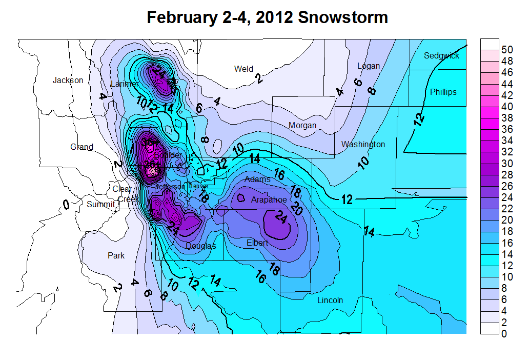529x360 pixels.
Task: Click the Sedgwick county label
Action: [x=441, y=55]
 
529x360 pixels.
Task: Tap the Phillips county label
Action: [x=443, y=92]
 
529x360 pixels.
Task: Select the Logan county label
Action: [x=369, y=66]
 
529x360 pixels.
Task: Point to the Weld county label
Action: [x=243, y=69]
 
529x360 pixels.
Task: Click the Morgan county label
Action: [x=302, y=125]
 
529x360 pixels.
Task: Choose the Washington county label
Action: [x=363, y=144]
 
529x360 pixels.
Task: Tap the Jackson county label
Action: [x=68, y=80]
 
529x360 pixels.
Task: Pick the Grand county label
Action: [x=82, y=147]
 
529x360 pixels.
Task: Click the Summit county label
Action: [x=100, y=204]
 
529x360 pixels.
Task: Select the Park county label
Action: [x=116, y=255]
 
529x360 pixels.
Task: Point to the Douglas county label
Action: [x=201, y=246]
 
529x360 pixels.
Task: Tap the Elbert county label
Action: [x=257, y=243]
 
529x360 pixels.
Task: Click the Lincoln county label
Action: [x=330, y=300]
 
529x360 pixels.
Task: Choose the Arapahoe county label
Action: [x=269, y=199]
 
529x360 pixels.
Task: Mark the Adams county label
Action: [x=257, y=179]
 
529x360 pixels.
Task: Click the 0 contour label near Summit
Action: [x=66, y=205]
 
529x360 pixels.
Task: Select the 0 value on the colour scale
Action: [x=504, y=334]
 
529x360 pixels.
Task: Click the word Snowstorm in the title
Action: [x=343, y=17]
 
